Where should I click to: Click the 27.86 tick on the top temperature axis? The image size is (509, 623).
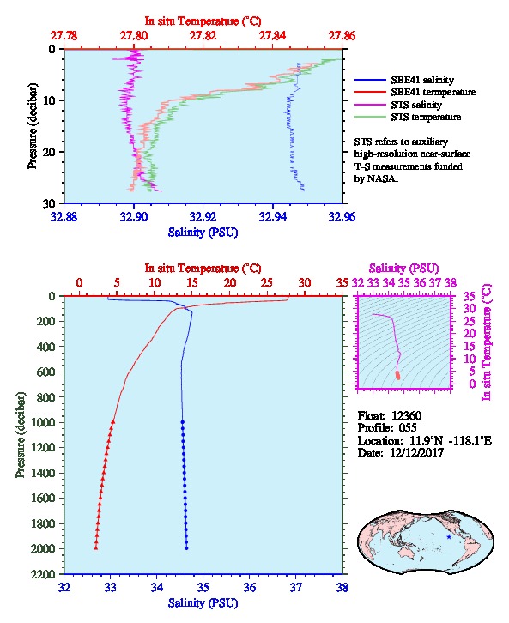click(x=342, y=36)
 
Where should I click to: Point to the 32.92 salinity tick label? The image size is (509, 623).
click(x=203, y=217)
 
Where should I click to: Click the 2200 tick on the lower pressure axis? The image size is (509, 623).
click(x=43, y=574)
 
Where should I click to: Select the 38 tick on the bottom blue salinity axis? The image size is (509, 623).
click(x=342, y=587)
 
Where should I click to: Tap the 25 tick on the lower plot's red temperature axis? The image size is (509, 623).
click(x=267, y=283)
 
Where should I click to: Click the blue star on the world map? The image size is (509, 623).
click(x=449, y=537)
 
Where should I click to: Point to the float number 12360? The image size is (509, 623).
click(x=406, y=415)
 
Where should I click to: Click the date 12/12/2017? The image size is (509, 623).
click(x=417, y=452)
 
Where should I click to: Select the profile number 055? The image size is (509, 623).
click(x=408, y=428)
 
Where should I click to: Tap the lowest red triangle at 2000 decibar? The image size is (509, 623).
click(x=96, y=547)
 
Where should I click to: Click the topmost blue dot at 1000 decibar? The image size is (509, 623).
click(x=182, y=422)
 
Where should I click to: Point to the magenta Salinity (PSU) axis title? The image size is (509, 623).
click(x=403, y=269)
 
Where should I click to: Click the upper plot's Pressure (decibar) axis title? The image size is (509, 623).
click(x=32, y=126)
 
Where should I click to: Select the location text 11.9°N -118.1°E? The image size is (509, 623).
click(x=447, y=440)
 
